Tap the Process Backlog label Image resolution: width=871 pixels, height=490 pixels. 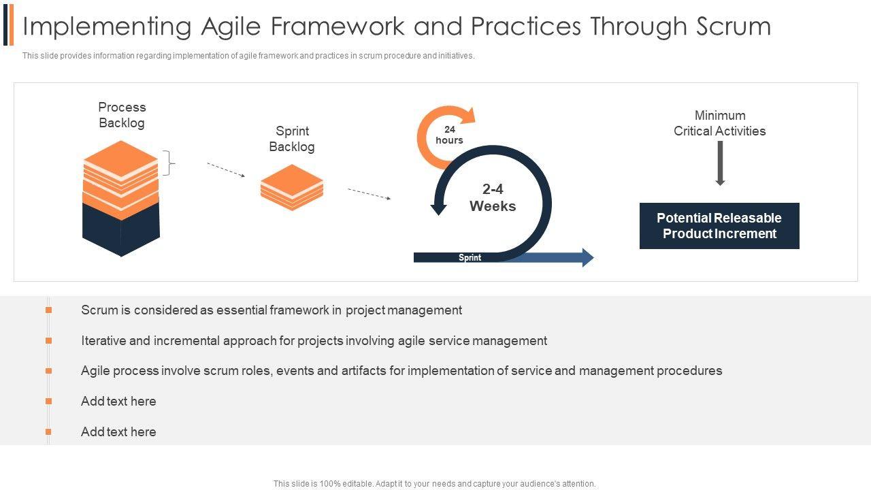coord(122,115)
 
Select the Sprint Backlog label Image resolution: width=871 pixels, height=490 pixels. coord(292,139)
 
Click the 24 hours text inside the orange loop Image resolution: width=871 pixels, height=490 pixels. coord(449,135)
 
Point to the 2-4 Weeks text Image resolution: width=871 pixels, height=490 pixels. coord(493,197)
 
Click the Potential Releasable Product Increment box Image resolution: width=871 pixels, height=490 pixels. coord(719,225)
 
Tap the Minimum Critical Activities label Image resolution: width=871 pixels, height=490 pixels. coord(720,123)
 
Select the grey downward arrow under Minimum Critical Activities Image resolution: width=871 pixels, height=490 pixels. coord(720,163)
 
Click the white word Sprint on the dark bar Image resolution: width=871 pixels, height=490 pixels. coord(470,257)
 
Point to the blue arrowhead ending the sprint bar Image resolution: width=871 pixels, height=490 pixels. coord(587,257)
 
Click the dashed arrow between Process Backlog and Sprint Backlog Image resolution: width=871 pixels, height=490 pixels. coord(226,170)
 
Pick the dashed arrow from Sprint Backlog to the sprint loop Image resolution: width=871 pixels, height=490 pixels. coord(369,194)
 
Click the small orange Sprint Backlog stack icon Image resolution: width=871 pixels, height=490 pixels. coord(292,187)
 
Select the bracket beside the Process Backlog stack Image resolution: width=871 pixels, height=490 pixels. coord(169,163)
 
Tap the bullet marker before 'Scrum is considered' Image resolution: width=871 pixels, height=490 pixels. coord(48,310)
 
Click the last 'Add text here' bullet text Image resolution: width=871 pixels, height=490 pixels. coord(118,431)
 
